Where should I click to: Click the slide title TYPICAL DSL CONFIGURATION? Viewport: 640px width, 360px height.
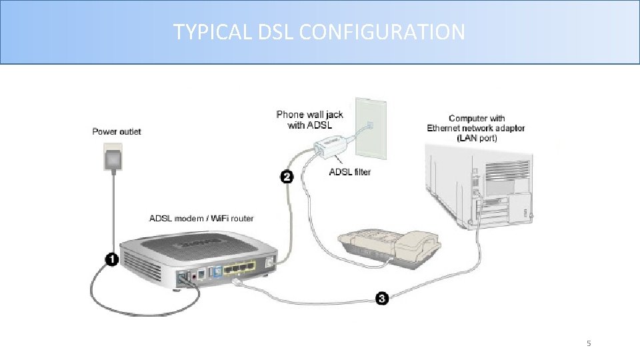click(319, 31)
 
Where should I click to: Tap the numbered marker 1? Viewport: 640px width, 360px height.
click(111, 259)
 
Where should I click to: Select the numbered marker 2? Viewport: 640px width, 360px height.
click(286, 177)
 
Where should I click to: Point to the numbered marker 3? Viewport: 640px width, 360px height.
click(381, 298)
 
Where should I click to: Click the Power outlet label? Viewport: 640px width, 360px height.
click(117, 131)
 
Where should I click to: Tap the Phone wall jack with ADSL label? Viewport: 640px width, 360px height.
click(309, 119)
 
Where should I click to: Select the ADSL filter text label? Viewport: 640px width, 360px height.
click(350, 172)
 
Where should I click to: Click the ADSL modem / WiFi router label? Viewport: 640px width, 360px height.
click(200, 218)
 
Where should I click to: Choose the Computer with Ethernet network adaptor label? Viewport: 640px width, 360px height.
click(476, 128)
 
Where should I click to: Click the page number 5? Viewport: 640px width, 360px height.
click(589, 343)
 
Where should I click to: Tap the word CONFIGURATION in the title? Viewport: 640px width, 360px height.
click(382, 31)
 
